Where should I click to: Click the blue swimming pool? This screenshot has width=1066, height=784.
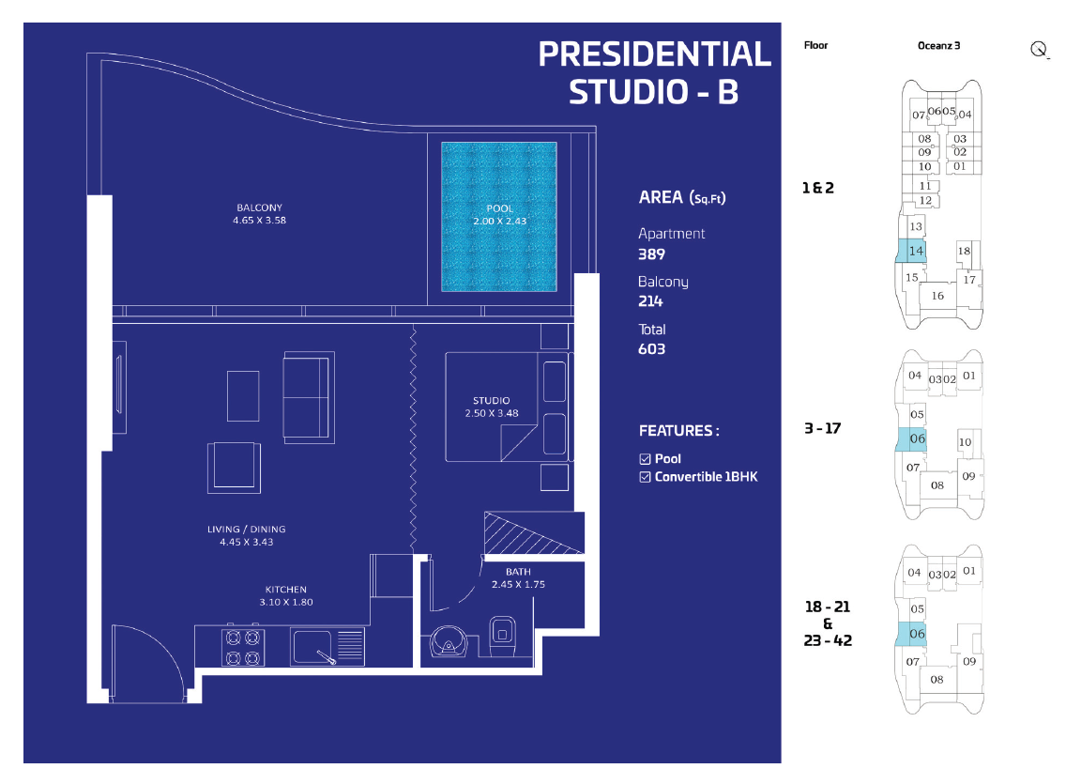point(499,217)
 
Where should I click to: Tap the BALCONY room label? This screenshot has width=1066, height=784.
point(259,208)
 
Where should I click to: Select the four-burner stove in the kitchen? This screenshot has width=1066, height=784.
point(243,647)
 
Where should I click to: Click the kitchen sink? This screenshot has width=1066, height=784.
point(327,647)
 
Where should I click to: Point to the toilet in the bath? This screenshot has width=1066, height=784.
point(502,637)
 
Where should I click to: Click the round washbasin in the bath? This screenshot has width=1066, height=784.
point(448,642)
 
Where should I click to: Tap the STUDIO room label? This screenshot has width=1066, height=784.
point(492,401)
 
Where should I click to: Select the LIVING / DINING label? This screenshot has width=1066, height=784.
point(246,529)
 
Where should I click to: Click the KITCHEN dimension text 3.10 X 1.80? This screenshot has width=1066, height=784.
point(286,602)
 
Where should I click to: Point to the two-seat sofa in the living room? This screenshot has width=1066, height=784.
point(309,397)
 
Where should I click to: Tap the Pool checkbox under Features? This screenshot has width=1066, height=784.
point(646,459)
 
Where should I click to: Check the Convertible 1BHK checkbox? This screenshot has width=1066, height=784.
point(646,477)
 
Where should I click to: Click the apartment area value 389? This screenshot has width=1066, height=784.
point(651,254)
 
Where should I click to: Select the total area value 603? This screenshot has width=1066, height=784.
point(651,349)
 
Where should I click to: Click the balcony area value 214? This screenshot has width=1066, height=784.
point(650,301)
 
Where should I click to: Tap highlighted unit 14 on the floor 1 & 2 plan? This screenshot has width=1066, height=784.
point(911,251)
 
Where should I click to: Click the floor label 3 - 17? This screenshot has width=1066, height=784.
point(823,428)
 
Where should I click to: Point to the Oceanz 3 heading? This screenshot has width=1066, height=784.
point(939,46)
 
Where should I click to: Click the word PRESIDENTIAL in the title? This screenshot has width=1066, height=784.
point(655,54)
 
